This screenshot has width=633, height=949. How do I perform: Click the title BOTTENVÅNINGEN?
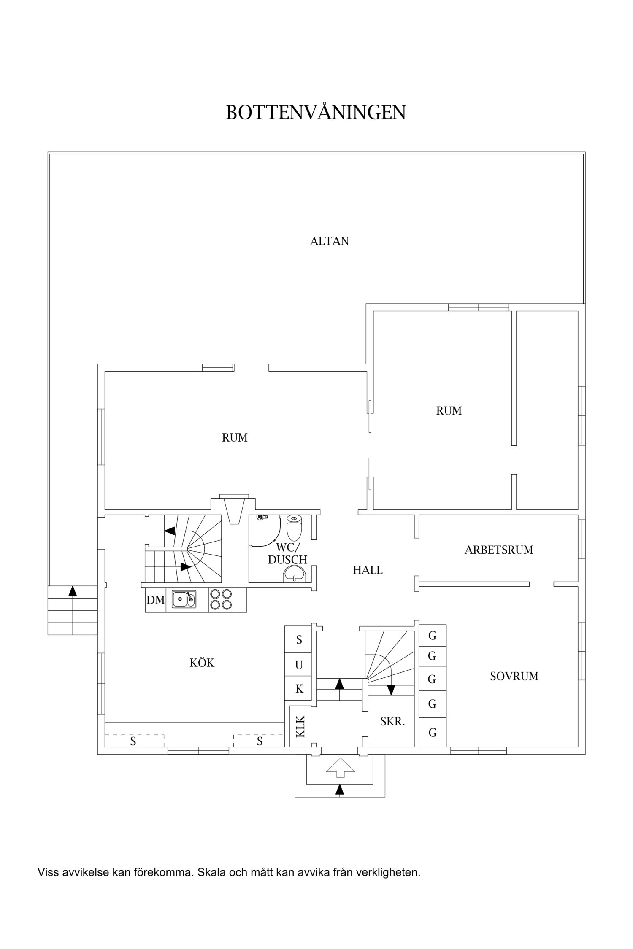(316, 113)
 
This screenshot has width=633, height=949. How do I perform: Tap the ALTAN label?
(329, 241)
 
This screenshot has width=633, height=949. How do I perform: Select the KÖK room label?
(202, 663)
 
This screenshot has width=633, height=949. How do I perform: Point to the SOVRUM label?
(514, 677)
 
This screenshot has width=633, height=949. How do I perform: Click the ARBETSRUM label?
(498, 550)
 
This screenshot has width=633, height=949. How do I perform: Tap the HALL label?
(368, 570)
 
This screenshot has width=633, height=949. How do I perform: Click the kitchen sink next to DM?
(184, 599)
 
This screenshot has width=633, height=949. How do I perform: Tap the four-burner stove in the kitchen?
(221, 599)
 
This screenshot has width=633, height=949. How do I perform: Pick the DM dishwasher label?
(155, 600)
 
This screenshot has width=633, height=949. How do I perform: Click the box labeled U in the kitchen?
(299, 665)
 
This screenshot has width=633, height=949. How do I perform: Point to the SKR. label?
(392, 722)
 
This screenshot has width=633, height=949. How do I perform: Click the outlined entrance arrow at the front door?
(340, 768)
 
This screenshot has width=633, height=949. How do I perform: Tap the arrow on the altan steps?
(73, 591)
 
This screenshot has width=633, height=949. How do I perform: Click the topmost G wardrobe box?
(432, 636)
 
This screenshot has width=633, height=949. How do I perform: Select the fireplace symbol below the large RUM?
(233, 510)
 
